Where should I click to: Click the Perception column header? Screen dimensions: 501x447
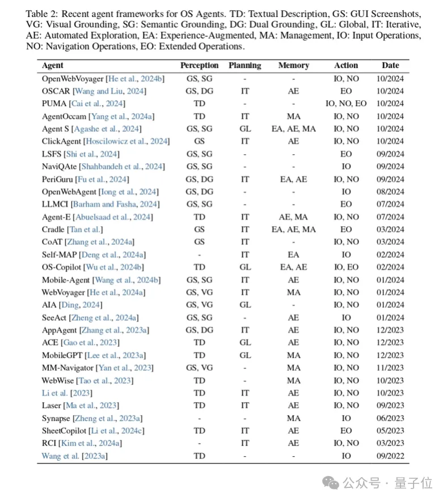coord(199,66)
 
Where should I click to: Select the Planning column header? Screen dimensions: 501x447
coord(244,66)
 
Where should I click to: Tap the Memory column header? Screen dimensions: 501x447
coord(293,66)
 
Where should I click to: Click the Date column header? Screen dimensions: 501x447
coord(390,66)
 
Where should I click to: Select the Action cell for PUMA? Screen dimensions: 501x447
coord(346,104)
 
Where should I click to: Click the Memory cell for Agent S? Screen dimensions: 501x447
coord(293,129)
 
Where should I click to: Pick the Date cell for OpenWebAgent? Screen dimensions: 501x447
coord(390,192)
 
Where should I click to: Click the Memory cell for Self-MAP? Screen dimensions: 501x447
coord(293,254)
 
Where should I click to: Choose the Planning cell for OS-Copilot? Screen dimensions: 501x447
coord(244,267)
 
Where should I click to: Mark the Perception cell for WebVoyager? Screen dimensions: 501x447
coord(199,292)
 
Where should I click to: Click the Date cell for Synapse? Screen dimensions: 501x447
coord(390,418)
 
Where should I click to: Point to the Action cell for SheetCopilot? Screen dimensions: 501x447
coord(346,431)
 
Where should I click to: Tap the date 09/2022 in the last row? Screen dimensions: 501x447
coord(390,456)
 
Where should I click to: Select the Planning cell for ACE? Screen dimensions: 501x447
coord(244,342)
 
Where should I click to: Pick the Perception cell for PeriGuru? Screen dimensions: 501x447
coord(199,179)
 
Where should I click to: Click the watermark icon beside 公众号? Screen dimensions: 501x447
coord(331,482)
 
